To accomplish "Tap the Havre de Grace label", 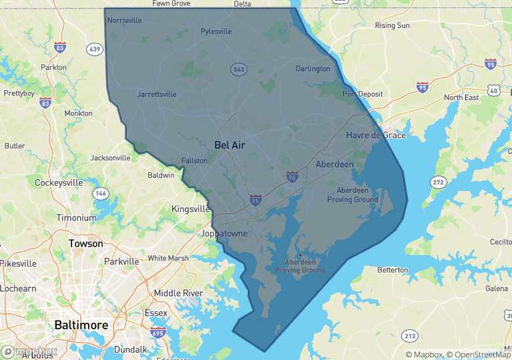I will click(376, 135).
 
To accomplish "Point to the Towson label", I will click(86, 244).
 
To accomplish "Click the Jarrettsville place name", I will click(159, 94).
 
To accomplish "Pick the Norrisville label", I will click(125, 20).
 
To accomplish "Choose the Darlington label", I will click(313, 69).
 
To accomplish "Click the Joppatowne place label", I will click(224, 234).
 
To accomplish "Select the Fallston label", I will click(195, 160).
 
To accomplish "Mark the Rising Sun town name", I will click(393, 25).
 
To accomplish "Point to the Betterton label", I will click(393, 270).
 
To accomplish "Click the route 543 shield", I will click(238, 69).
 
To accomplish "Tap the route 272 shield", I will click(438, 182).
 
